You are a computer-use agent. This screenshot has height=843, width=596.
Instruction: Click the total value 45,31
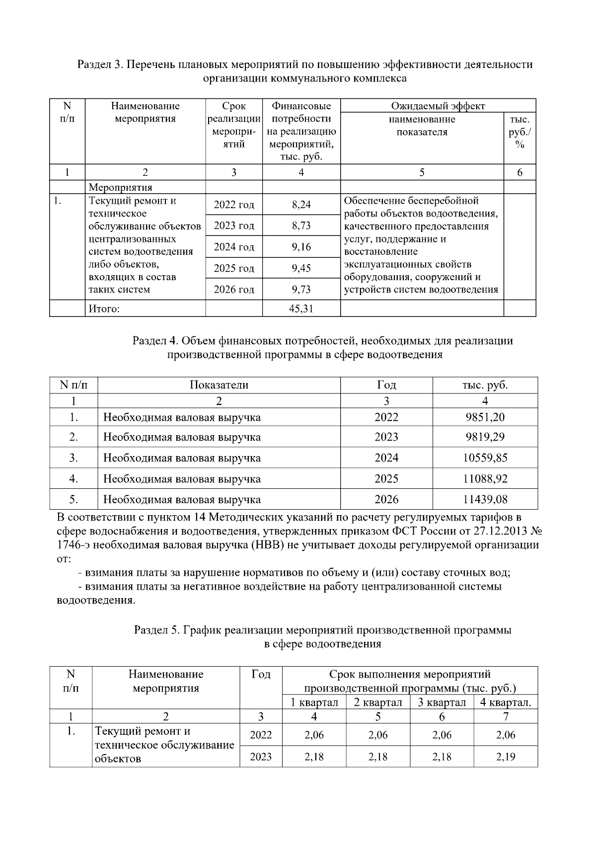301,308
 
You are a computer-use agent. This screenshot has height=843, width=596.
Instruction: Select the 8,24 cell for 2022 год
301,204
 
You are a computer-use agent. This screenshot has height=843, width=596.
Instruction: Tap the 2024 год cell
234,247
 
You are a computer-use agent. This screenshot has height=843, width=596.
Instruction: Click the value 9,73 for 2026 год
301,289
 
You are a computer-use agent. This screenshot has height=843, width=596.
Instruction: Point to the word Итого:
104,308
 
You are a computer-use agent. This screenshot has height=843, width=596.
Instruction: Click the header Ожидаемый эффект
438,106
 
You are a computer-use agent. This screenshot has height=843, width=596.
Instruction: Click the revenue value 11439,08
485,499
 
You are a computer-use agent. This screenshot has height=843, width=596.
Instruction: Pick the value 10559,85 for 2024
485,458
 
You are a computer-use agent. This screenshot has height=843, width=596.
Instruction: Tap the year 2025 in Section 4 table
386,479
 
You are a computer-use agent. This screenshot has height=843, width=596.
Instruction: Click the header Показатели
219,385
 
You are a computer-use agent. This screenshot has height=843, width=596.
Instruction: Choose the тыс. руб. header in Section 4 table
485,385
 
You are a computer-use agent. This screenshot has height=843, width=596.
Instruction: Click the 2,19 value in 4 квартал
506,757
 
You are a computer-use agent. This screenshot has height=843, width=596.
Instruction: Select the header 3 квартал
442,702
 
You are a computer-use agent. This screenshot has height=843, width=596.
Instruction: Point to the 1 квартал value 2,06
314,735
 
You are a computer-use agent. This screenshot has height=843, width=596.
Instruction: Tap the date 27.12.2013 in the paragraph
501,531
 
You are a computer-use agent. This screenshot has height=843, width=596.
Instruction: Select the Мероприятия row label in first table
120,187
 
